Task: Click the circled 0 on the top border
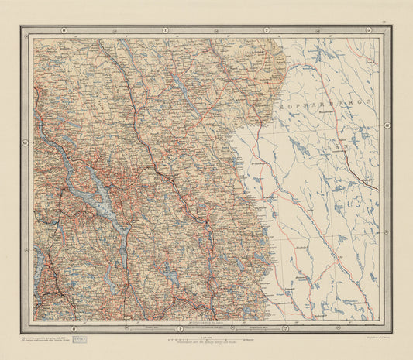[64, 29]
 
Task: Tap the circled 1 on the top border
[165, 29]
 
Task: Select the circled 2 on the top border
[267, 29]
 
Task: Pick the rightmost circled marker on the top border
[368, 29]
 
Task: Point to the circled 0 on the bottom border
[74, 328]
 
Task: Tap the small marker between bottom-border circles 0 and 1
[126, 328]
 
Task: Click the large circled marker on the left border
[25, 142]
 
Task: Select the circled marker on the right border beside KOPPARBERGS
[387, 124]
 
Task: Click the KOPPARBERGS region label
[343, 101]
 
